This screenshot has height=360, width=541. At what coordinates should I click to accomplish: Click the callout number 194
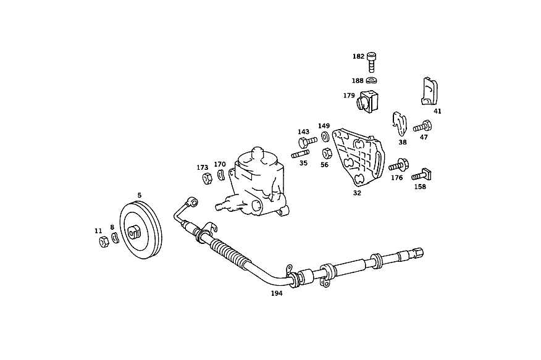point(276,293)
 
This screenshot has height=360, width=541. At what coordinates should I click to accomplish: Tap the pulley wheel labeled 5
point(141,230)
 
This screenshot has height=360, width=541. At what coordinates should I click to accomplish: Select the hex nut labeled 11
point(104,241)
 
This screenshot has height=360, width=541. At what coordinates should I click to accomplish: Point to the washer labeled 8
point(115,238)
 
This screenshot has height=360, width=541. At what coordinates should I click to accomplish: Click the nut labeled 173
point(207,178)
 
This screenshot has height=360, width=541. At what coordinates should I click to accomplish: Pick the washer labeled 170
point(221,175)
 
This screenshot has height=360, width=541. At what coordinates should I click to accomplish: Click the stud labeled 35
point(300,154)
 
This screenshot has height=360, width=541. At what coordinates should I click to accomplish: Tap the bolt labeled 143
point(307,142)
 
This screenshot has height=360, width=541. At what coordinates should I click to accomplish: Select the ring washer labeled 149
point(325,136)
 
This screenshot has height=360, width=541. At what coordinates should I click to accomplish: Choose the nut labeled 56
point(327,153)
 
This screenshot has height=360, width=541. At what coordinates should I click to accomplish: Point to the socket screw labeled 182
point(372,62)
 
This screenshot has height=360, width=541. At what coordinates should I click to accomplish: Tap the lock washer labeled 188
point(371,80)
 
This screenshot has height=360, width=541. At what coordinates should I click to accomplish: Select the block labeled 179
point(367,101)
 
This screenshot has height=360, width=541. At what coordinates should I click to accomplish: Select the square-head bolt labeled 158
point(421,175)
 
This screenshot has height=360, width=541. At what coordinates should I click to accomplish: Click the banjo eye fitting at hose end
point(192,201)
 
